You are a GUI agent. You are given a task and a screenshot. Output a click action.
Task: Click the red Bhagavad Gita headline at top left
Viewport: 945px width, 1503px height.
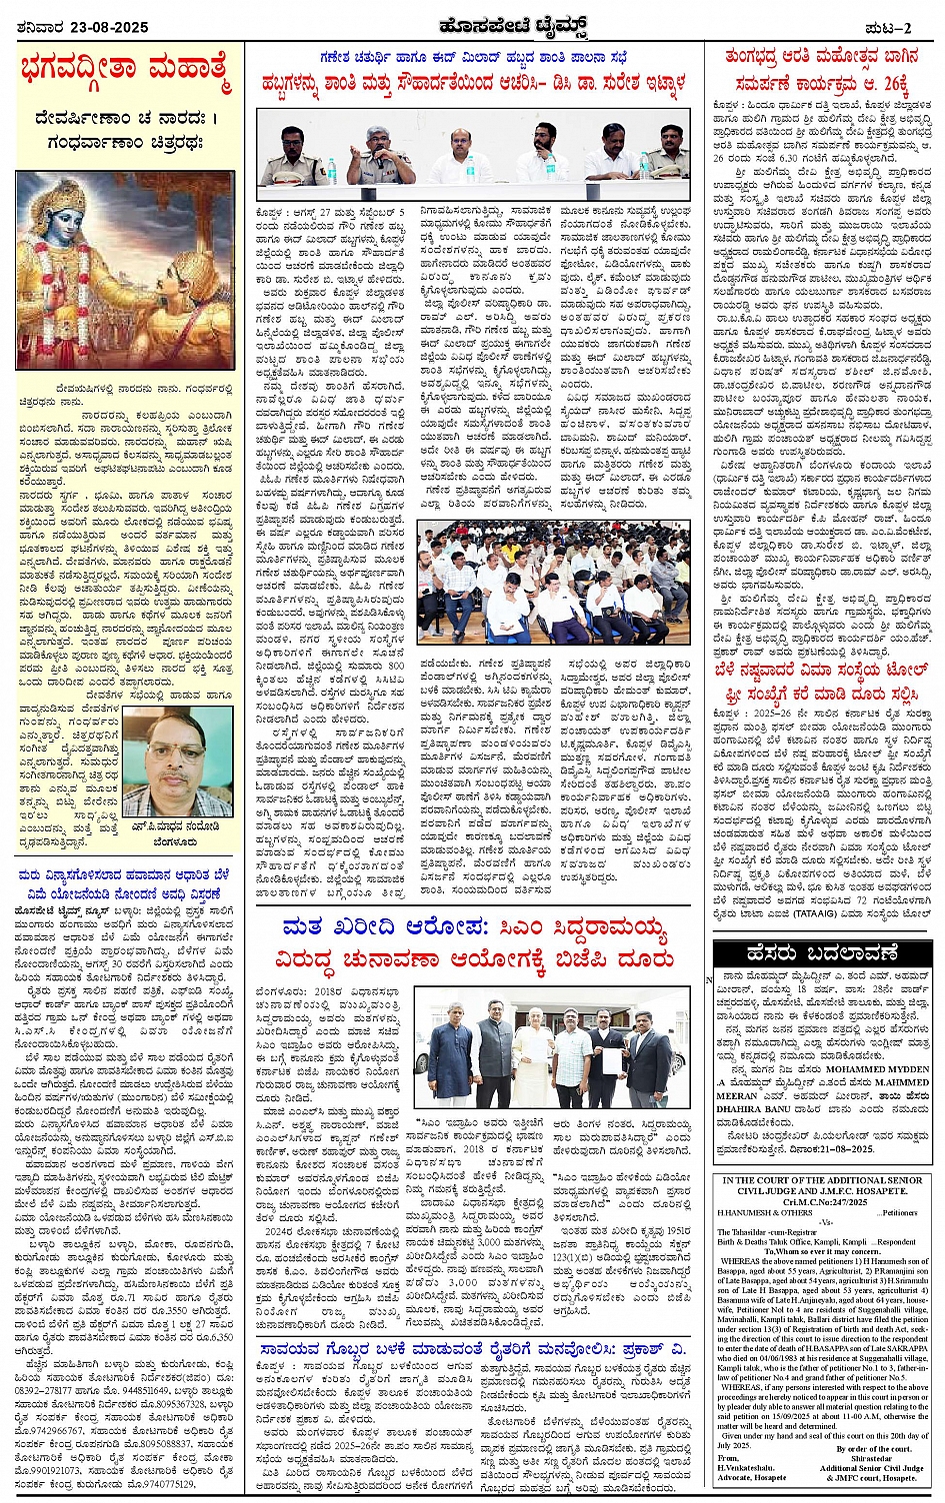[x=125, y=73]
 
